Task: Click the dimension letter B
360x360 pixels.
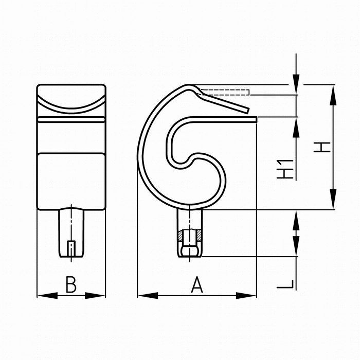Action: pyautogui.click(x=71, y=285)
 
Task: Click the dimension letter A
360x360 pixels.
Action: pyautogui.click(x=197, y=285)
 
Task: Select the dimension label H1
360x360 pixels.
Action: pyautogui.click(x=285, y=169)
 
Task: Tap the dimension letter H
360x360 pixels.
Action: pyautogui.click(x=322, y=147)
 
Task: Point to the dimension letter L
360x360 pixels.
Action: pyautogui.click(x=285, y=284)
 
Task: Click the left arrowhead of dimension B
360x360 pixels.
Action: pyautogui.click(x=47, y=296)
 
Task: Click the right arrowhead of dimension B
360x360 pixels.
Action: pyautogui.click(x=95, y=296)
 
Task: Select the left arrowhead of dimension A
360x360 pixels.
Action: pyautogui.click(x=148, y=296)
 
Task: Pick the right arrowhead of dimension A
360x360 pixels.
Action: pyautogui.click(x=246, y=296)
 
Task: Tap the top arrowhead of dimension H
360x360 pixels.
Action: pyautogui.click(x=333, y=95)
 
